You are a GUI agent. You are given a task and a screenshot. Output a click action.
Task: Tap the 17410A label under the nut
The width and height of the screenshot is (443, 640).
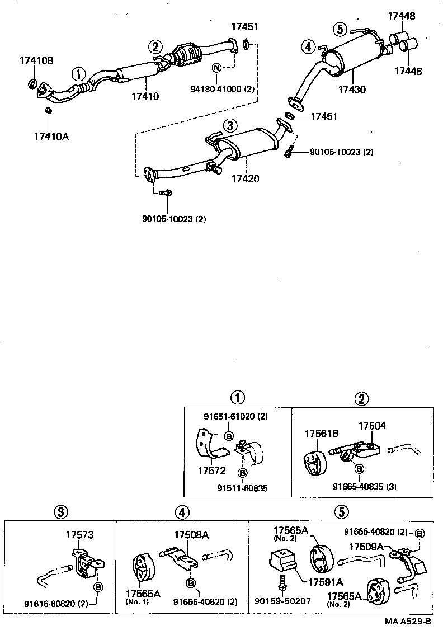tap(51, 135)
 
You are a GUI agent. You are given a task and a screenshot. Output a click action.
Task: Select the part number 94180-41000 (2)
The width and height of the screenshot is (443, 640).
tap(222, 88)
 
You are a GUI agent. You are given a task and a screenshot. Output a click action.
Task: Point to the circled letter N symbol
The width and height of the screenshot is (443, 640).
tap(217, 68)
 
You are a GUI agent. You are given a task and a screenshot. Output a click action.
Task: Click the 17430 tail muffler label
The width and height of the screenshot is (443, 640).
tap(352, 89)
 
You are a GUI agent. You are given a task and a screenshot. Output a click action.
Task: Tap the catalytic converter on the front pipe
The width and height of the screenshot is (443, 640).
tap(189, 56)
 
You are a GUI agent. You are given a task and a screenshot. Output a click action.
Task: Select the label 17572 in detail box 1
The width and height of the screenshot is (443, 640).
tap(211, 472)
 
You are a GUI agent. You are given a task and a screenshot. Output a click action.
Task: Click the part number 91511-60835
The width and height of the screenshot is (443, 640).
tap(243, 488)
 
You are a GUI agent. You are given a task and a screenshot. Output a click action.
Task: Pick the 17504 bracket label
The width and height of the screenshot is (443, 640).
tap(372, 426)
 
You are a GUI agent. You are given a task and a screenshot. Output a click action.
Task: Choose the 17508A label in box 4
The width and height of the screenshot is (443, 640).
tap(191, 535)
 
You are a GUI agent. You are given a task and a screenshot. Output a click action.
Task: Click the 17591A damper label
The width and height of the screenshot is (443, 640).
tap(324, 582)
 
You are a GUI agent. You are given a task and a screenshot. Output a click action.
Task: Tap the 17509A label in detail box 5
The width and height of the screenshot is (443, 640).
tap(366, 546)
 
